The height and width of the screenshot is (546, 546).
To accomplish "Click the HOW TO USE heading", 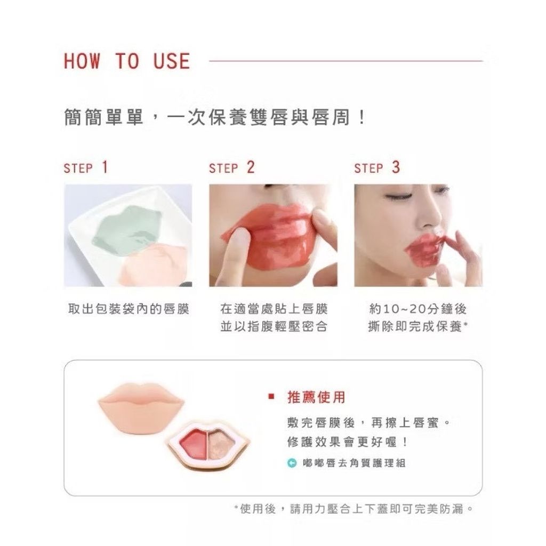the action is (127, 61).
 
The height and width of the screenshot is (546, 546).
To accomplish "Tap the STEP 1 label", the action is (86, 168).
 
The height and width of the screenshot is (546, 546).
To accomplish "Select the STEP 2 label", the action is (232, 168).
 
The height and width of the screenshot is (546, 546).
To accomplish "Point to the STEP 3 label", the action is (377, 168).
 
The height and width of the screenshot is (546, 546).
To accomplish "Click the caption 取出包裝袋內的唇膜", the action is (129, 309).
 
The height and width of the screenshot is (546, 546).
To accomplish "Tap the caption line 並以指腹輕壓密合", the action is (274, 327).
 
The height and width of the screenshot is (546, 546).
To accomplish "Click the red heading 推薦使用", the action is (317, 397).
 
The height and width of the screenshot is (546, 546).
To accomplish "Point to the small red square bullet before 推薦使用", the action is (271, 397).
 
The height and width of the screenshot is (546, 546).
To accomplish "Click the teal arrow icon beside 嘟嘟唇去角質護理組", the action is (292, 463).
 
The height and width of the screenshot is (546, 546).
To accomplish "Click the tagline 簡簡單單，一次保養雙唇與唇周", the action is (215, 117).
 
